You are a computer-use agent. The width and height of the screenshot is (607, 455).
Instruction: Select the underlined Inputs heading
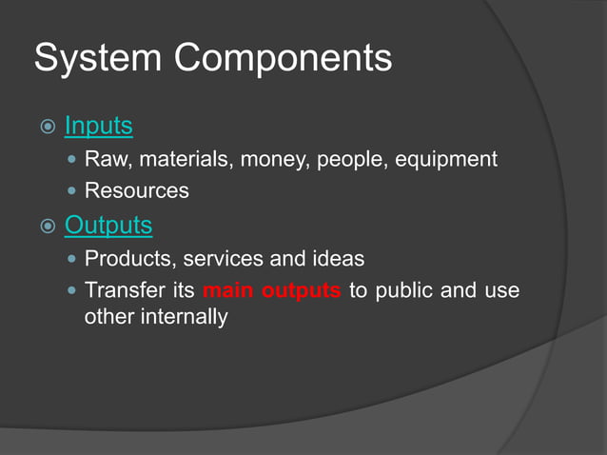(x=98, y=126)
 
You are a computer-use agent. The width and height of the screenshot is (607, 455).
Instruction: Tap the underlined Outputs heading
(x=108, y=226)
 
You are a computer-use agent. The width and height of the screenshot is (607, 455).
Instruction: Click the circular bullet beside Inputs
(x=45, y=127)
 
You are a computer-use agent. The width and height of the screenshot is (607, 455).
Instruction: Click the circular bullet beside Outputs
(x=45, y=227)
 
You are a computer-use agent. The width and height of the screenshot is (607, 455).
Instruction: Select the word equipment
(x=444, y=159)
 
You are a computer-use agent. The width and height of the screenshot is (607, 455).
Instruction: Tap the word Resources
(x=136, y=190)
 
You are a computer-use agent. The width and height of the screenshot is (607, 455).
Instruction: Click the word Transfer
(x=124, y=289)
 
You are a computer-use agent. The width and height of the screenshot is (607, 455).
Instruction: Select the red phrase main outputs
(x=271, y=289)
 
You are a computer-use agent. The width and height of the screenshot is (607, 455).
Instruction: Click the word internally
(x=183, y=316)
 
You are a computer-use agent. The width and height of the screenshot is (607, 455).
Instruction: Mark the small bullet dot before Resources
(x=73, y=190)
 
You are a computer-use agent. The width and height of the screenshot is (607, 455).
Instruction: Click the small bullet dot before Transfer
(x=73, y=289)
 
